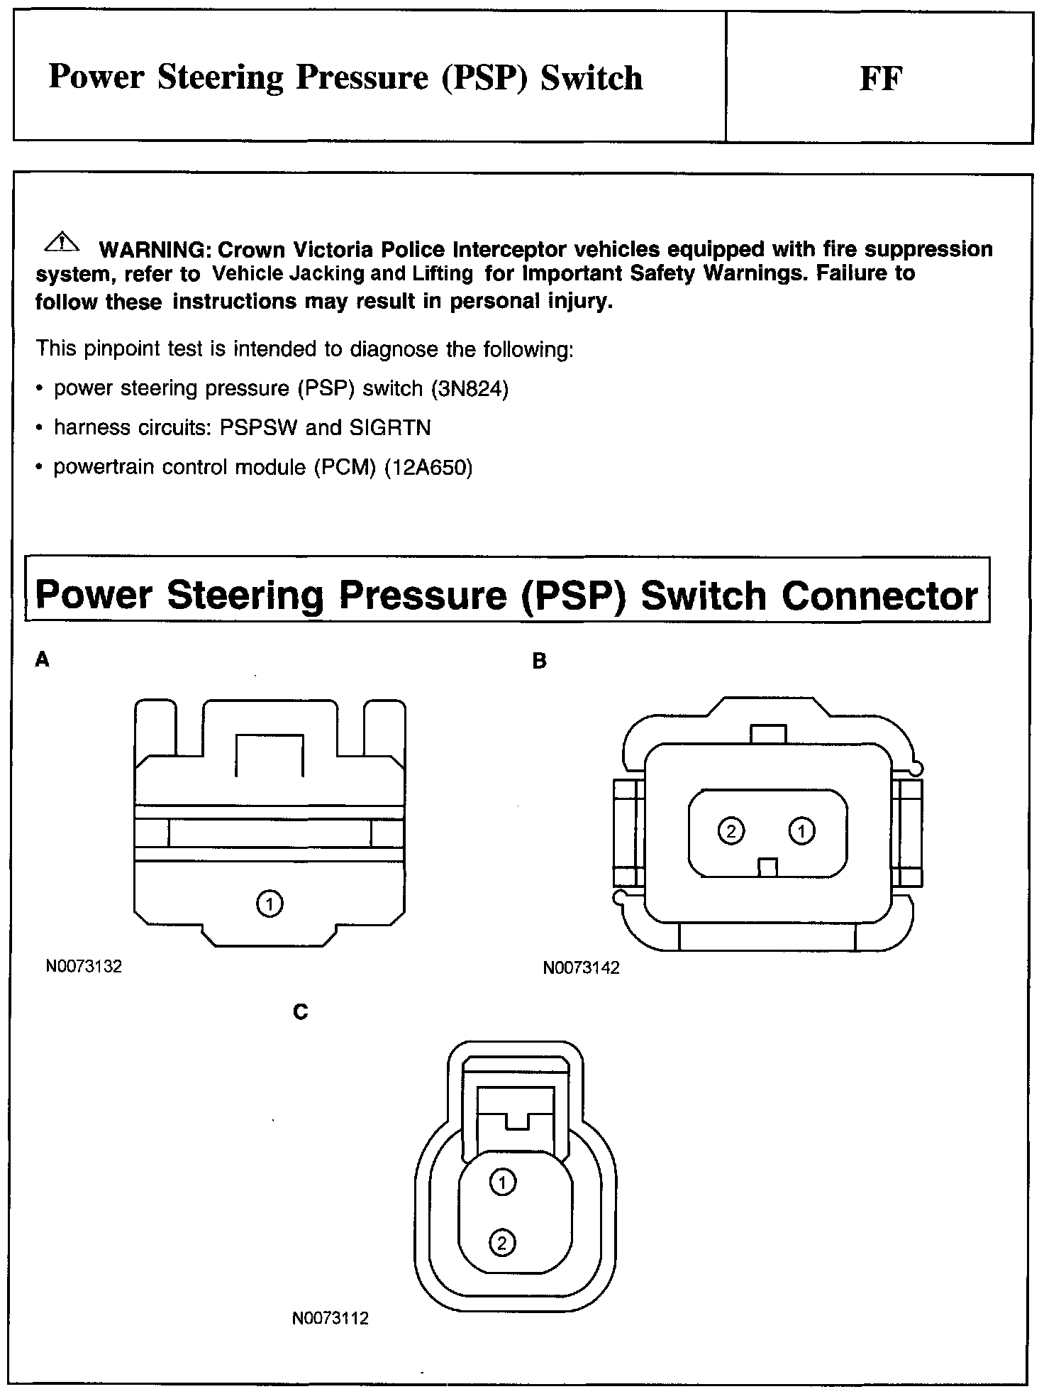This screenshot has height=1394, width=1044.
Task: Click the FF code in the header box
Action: [x=880, y=79]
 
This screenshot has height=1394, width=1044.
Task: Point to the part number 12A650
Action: [x=428, y=468]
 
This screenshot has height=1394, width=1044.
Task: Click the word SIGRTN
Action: [x=390, y=428]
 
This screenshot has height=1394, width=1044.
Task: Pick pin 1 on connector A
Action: [x=270, y=904]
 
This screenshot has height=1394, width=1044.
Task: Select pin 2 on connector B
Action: [x=731, y=830]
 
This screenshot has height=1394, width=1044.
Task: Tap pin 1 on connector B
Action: [x=801, y=830]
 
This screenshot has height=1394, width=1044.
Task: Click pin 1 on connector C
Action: [x=503, y=1182]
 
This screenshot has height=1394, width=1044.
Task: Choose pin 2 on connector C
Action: [x=503, y=1243]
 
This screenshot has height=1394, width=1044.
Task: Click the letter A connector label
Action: [x=43, y=660]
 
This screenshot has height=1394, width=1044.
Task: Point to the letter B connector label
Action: [x=539, y=662]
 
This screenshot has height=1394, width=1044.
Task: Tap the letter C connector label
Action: [x=300, y=1012]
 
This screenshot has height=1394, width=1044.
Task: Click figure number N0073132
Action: [x=84, y=966]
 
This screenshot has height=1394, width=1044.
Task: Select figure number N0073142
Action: [x=581, y=968]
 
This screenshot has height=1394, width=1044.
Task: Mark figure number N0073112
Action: [x=330, y=1319]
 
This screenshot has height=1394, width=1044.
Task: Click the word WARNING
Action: [x=155, y=250]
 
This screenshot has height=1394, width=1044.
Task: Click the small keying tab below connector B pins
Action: [x=767, y=867]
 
